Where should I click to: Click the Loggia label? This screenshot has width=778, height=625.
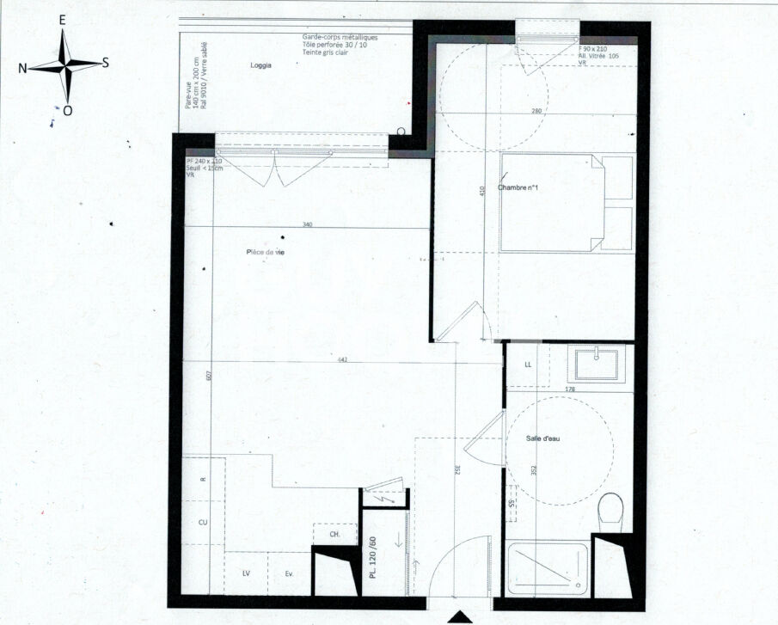pyautogui.click(x=260, y=65)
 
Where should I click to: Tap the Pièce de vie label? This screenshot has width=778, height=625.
pyautogui.click(x=266, y=252)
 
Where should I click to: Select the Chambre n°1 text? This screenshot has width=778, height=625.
pyautogui.click(x=517, y=188)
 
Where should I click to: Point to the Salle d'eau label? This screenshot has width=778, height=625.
pyautogui.click(x=543, y=438)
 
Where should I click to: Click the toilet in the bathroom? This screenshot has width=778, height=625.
pyautogui.click(x=611, y=509)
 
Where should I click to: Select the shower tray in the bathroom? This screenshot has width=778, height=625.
pyautogui.click(x=548, y=569)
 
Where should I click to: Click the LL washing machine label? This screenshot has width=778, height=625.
pyautogui.click(x=528, y=365)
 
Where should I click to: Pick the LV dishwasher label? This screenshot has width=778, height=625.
pyautogui.click(x=246, y=573)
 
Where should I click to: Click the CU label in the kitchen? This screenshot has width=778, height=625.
pyautogui.click(x=203, y=522)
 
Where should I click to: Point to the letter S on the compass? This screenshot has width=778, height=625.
pyautogui.click(x=105, y=62)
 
